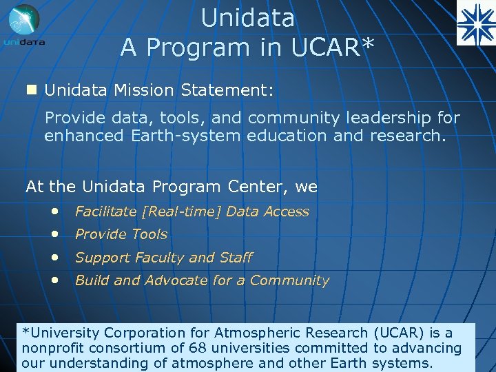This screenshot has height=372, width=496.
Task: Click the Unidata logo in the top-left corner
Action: [25, 25]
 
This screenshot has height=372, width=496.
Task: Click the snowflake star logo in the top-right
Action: [475, 23]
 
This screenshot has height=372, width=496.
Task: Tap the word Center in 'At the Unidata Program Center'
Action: [262, 186]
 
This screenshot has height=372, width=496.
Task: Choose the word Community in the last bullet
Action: [290, 280]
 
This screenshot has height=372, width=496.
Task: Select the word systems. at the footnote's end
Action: [402, 363]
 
